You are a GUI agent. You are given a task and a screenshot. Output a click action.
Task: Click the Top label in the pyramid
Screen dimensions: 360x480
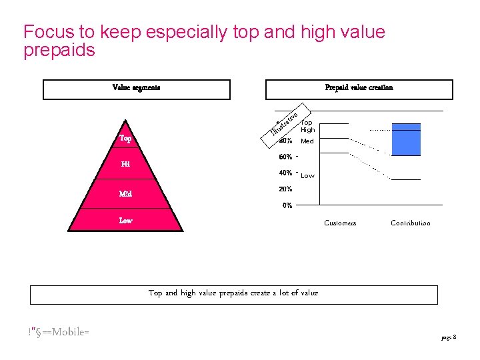125,139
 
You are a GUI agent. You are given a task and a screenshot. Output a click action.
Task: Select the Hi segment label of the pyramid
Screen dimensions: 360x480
125,164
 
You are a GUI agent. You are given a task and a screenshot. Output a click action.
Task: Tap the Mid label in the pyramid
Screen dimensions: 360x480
125,194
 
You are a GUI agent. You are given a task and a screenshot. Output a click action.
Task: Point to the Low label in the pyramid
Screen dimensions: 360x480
125,220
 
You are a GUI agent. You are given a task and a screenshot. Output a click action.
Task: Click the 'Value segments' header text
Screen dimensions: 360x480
136,87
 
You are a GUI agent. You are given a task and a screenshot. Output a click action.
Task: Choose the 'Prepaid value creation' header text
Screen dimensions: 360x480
359,87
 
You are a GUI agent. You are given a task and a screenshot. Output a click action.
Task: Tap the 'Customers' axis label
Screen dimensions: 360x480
340,223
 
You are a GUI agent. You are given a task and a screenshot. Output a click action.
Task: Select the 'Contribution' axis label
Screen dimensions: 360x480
411,223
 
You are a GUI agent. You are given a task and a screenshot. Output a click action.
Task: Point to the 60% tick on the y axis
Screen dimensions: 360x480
285,157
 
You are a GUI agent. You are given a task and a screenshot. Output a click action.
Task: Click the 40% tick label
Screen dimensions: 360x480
285,173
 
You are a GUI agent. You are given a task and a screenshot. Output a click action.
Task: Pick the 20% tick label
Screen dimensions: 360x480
285,189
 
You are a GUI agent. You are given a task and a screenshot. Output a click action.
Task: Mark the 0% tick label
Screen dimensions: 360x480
287,205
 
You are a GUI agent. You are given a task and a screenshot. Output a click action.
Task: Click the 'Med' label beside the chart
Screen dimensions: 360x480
307,142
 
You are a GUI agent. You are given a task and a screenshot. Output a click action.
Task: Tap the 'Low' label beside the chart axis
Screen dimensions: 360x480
307,176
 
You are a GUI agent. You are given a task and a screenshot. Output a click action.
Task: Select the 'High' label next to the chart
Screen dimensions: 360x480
307,130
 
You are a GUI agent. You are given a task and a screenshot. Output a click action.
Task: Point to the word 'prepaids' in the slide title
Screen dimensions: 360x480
59,50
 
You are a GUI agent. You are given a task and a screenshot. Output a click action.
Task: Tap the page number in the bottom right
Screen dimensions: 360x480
448,338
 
